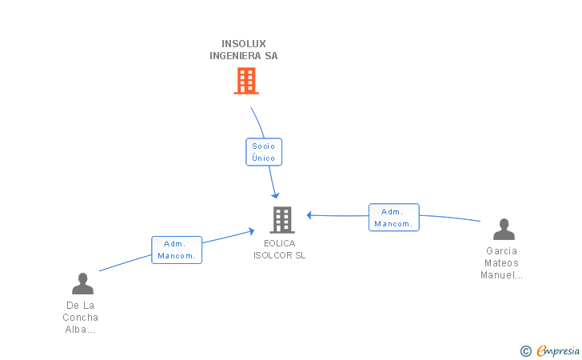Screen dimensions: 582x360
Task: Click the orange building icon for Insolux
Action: [246, 81]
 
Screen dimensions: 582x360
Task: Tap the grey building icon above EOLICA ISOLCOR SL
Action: [282, 219]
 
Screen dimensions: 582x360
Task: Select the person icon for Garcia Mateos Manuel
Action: [504, 230]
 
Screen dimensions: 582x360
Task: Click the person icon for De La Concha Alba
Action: [82, 283]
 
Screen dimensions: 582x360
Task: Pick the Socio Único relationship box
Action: [264, 152]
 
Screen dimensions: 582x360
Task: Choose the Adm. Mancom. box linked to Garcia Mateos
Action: [394, 218]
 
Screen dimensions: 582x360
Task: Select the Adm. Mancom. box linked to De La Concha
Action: [177, 250]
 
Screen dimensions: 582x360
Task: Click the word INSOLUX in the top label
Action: [244, 44]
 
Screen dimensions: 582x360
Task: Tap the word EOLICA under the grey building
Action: [280, 243]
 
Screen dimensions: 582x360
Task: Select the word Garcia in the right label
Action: [501, 251]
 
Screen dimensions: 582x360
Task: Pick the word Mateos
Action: [501, 263]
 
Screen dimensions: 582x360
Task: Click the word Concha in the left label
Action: [80, 318]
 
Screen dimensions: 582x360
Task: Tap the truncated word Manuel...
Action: [501, 275]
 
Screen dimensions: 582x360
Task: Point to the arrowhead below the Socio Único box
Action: [275, 195]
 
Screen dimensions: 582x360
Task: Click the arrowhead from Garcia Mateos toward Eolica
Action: [309, 215]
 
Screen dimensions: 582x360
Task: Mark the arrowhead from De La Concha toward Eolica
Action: [251, 231]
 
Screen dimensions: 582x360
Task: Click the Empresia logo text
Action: [558, 350]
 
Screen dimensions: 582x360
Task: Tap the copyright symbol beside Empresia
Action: [526, 351]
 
